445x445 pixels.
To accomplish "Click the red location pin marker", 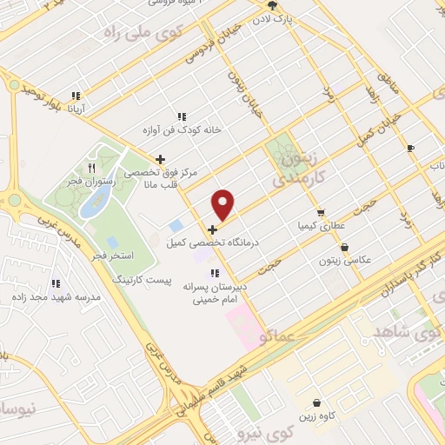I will tap(224, 205).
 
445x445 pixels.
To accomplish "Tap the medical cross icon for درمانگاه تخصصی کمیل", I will tap(213, 229).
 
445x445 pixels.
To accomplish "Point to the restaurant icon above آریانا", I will tap(76, 96).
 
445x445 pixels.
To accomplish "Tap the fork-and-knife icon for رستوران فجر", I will tap(90, 168).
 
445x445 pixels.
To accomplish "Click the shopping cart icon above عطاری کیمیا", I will tap(321, 213).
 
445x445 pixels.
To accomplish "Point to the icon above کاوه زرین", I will tap(317, 403).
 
